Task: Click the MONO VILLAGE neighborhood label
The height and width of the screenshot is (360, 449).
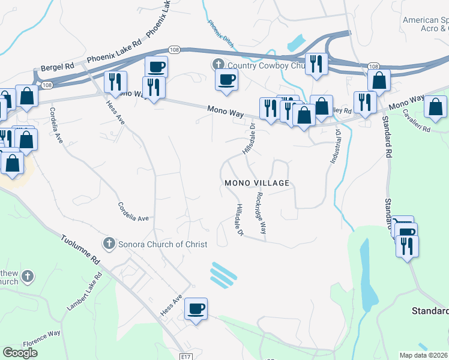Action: pyautogui.click(x=256, y=183)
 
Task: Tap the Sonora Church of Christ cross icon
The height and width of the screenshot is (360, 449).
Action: pyautogui.click(x=109, y=244)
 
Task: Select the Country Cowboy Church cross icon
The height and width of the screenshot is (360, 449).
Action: pyautogui.click(x=217, y=64)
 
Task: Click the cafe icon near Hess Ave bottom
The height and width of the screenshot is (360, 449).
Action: pyautogui.click(x=196, y=309)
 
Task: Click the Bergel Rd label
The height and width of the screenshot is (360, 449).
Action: pyautogui.click(x=56, y=67)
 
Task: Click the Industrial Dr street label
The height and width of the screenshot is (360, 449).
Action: pyautogui.click(x=334, y=147)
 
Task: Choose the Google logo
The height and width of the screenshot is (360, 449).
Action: pyautogui.click(x=20, y=353)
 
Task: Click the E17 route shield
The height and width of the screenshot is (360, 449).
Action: pyautogui.click(x=186, y=356)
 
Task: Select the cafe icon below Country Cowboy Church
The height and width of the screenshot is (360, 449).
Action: pyautogui.click(x=226, y=80)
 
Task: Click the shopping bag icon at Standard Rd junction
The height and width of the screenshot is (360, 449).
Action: pyautogui.click(x=379, y=80)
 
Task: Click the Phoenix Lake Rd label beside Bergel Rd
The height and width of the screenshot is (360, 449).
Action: pyautogui.click(x=113, y=52)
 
